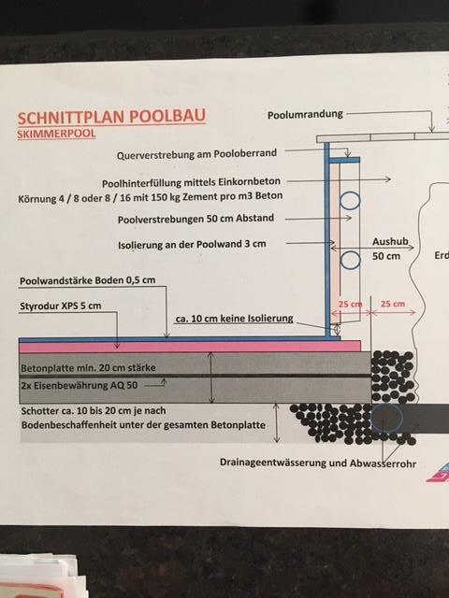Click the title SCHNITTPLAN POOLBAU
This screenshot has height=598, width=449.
pos(111,117)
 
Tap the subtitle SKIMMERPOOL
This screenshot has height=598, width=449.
pos(56,134)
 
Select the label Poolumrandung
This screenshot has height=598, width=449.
pos(305,114)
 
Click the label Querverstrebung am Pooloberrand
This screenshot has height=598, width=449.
pos(196,154)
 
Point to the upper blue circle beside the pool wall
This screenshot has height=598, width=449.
pos(350,200)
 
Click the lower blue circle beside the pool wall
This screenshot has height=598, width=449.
pos(350,260)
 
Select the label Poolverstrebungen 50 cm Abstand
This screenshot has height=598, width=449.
pos(196,219)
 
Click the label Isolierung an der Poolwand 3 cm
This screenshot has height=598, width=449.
pos(192,244)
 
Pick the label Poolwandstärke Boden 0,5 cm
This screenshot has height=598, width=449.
pos(87,280)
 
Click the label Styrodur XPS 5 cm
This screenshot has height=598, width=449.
pos(60,306)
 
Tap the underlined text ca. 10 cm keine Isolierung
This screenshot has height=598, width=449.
pos(235,319)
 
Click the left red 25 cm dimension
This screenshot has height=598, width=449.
pos(350,305)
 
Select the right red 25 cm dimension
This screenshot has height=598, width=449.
pos(393,304)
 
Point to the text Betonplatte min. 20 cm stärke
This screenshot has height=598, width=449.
pos(88,368)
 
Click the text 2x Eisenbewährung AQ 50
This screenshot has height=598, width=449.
pos(79,385)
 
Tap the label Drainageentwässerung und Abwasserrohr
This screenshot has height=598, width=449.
pos(318,463)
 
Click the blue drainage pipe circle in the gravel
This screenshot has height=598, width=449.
pos(386,419)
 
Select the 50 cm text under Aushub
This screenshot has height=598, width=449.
pos(386,256)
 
